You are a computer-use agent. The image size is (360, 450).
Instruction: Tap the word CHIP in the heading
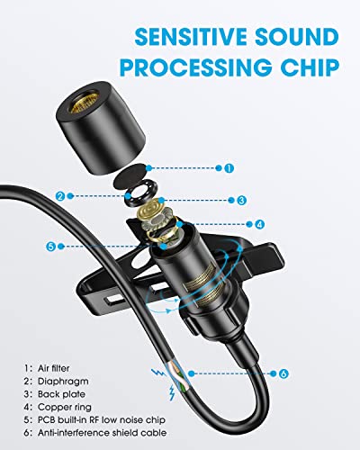click(310, 67)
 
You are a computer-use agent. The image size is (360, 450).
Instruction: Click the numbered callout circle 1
click(229, 168)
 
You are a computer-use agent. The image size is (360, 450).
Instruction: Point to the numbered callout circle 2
click(60, 196)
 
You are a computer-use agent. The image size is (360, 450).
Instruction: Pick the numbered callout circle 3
click(241, 200)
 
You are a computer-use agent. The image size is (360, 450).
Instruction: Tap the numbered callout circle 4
click(259, 224)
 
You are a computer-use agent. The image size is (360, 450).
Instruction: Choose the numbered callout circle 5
click(51, 247)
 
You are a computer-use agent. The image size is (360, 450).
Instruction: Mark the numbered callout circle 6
click(283, 373)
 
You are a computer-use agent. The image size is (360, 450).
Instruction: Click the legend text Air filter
click(53, 368)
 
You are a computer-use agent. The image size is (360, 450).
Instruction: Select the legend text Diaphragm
click(63, 382)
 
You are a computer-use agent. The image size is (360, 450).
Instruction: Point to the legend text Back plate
click(61, 394)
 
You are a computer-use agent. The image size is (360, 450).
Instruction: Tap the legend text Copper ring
click(65, 408)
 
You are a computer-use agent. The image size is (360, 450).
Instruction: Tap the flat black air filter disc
click(132, 177)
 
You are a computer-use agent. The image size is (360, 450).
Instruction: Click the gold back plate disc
click(152, 209)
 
